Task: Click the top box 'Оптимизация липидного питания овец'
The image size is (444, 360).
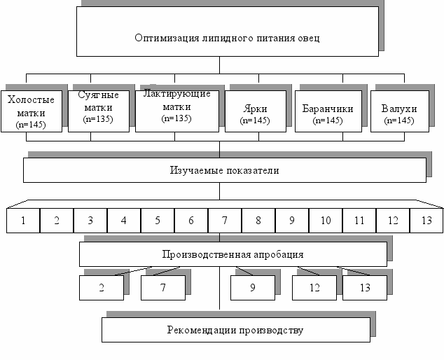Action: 228,32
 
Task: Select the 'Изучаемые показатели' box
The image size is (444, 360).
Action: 224,169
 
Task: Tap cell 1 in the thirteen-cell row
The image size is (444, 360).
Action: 23,221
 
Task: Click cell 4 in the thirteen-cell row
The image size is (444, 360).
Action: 123,221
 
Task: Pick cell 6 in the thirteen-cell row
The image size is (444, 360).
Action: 190,221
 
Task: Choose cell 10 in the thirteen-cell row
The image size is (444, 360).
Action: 325,221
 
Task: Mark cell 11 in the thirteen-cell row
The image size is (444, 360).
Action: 359,221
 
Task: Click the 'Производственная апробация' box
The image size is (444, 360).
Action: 233,254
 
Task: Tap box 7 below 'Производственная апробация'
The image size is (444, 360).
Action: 162,287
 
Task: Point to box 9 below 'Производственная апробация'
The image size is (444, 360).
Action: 252,287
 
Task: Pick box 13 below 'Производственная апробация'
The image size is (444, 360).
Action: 365,287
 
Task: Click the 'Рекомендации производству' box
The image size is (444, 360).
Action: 235,329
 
